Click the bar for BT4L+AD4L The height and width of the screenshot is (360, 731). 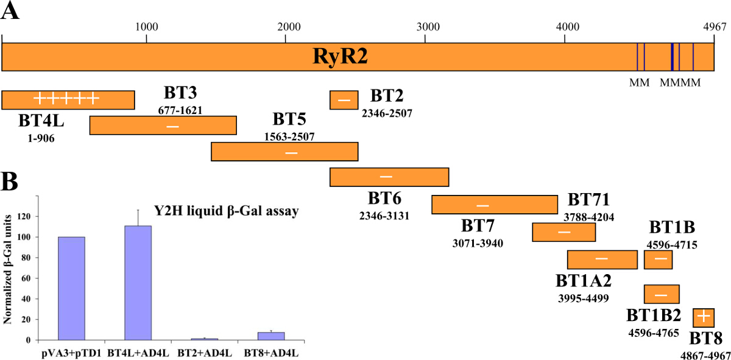pyautogui.click(x=138, y=283)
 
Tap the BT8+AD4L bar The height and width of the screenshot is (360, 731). pyautogui.click(x=272, y=336)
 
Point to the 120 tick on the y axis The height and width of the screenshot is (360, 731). pyautogui.click(x=24, y=216)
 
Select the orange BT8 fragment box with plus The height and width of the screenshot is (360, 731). pyautogui.click(x=703, y=317)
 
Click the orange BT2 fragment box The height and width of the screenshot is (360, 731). pyautogui.click(x=344, y=100)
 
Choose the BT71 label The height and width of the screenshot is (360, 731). pyautogui.click(x=589, y=200)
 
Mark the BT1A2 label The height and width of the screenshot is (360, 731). pyautogui.click(x=584, y=281)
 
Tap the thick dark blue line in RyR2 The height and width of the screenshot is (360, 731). pyautogui.click(x=672, y=57)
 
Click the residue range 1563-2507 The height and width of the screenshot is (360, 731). pyautogui.click(x=289, y=136)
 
